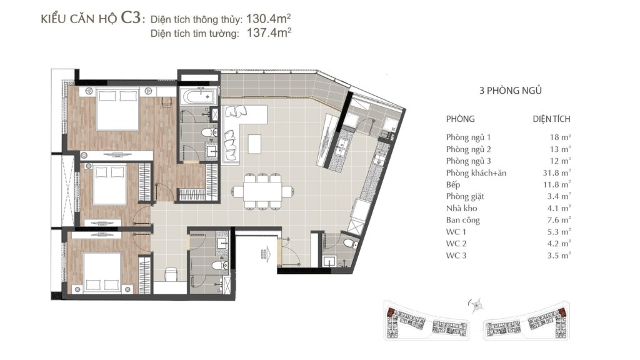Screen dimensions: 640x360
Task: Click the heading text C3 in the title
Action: click(x=131, y=18)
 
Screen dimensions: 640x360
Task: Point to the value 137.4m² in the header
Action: click(x=269, y=32)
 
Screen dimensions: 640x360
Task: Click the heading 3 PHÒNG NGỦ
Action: click(x=510, y=91)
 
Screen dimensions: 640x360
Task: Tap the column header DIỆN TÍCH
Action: click(x=551, y=119)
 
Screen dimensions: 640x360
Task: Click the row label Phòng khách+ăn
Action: click(x=476, y=173)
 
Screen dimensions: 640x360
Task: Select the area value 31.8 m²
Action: click(x=557, y=173)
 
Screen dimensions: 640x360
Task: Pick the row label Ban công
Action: click(x=463, y=221)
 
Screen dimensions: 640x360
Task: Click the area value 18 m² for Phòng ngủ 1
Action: click(x=560, y=137)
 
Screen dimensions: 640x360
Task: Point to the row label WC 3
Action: click(x=456, y=256)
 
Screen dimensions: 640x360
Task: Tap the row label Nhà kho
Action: click(x=461, y=208)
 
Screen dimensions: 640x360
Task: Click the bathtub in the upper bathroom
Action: click(x=198, y=97)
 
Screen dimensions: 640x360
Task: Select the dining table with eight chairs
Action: click(x=263, y=191)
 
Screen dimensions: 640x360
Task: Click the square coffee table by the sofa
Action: click(x=254, y=144)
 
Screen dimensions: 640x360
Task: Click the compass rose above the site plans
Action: click(x=476, y=305)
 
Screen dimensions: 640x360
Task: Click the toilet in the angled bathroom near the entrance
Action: click(x=350, y=244)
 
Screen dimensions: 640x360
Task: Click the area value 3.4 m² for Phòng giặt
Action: click(x=559, y=197)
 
